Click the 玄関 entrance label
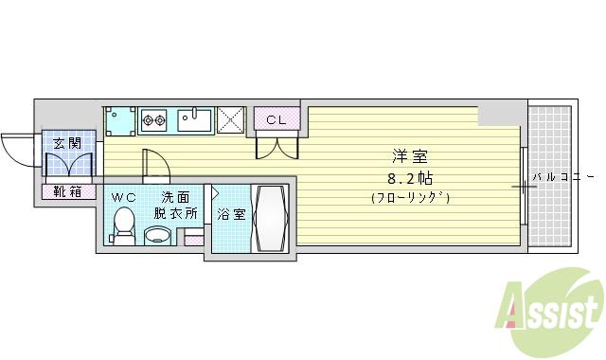click(x=66, y=143)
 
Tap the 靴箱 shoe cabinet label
click(x=67, y=191)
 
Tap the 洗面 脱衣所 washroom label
click(x=178, y=205)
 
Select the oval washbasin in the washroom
click(x=157, y=235)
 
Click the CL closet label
click(x=276, y=119)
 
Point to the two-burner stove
click(x=153, y=120)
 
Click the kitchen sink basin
click(x=195, y=120)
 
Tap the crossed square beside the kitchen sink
click(x=230, y=120)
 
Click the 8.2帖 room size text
click(x=408, y=177)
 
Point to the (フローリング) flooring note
click(x=409, y=197)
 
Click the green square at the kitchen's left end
click(x=119, y=120)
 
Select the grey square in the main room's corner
click(x=491, y=114)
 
